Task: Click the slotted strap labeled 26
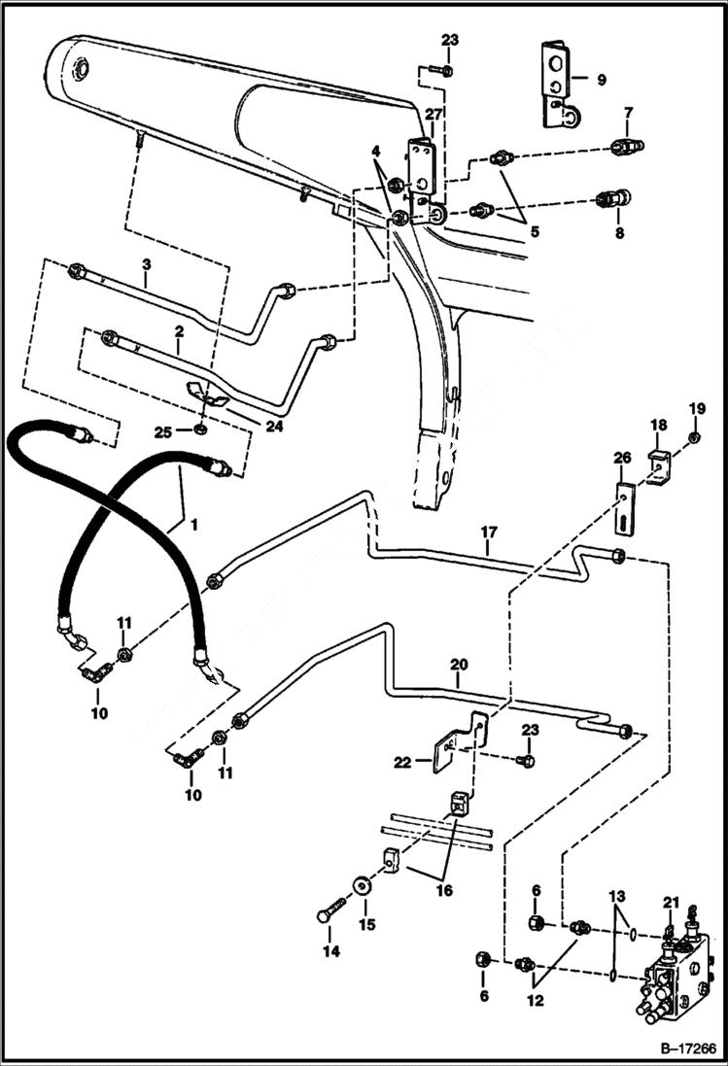(623, 508)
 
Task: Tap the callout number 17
(488, 533)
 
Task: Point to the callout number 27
(433, 114)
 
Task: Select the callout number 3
(146, 263)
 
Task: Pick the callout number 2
(178, 330)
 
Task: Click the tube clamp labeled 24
(208, 393)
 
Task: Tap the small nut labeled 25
(199, 429)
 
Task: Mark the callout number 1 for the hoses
(194, 525)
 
